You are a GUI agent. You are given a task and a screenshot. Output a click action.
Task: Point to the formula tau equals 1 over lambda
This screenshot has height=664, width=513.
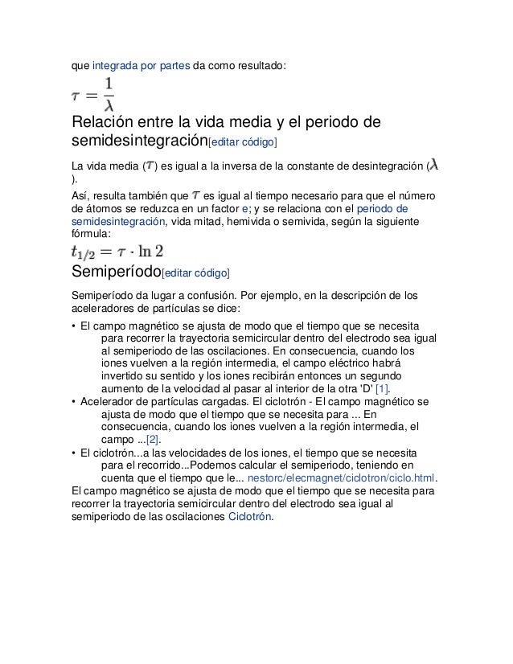[x=95, y=96]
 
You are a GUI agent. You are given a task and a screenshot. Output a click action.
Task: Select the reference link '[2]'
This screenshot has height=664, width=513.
[x=152, y=440]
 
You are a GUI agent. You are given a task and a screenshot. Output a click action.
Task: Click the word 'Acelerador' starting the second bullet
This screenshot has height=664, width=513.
[x=108, y=401]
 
